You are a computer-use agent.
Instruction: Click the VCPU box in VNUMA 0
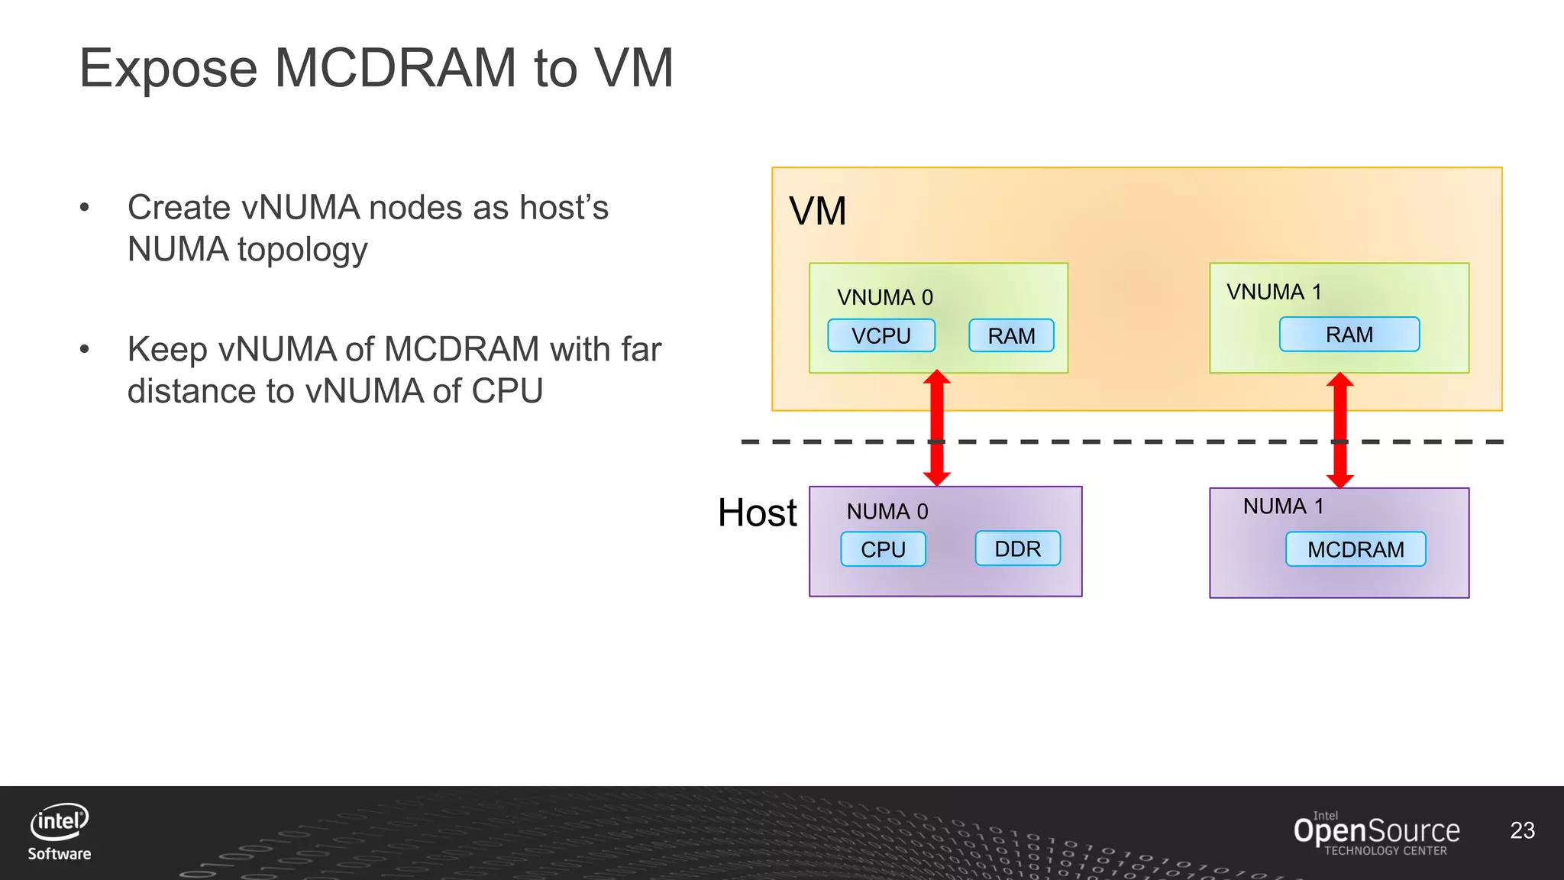point(881,335)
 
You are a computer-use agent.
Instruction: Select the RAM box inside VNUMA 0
point(1011,335)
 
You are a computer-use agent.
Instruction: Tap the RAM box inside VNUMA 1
point(1349,335)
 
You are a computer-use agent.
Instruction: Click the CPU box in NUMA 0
point(883,549)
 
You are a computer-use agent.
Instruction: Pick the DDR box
point(1017,548)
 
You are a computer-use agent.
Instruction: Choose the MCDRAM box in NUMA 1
point(1356,549)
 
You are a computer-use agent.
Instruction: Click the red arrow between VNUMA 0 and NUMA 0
point(937,428)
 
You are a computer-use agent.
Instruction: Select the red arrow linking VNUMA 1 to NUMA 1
point(1340,430)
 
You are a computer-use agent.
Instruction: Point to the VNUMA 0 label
point(884,297)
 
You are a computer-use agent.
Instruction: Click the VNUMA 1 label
point(1274,292)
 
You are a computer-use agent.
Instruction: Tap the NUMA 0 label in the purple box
point(887,511)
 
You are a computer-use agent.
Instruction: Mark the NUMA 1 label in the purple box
point(1283,506)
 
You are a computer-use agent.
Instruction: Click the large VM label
point(817,211)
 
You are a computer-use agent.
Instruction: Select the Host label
point(757,513)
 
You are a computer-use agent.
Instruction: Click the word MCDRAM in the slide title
point(395,69)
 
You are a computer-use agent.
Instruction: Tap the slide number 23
point(1522,830)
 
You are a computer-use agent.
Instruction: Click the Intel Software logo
point(60,832)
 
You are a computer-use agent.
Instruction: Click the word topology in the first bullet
point(302,251)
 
